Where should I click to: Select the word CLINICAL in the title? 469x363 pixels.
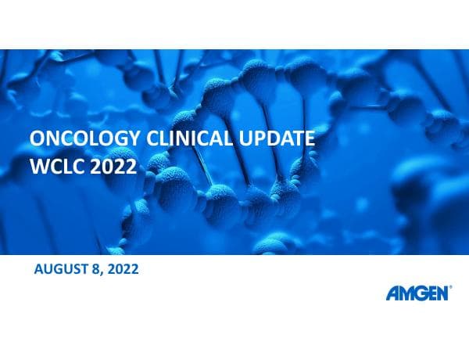coord(177,141)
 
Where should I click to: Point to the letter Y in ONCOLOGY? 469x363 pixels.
coord(116,141)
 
